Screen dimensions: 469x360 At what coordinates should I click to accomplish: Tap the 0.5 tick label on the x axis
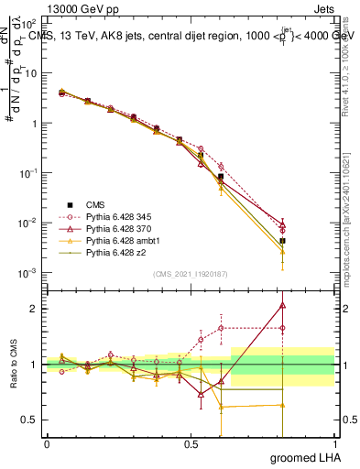point(191,444)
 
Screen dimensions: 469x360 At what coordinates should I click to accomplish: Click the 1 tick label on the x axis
point(334,444)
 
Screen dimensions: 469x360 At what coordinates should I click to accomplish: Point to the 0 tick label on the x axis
point(47,444)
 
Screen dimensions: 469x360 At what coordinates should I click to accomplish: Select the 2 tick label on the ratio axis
point(34,309)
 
